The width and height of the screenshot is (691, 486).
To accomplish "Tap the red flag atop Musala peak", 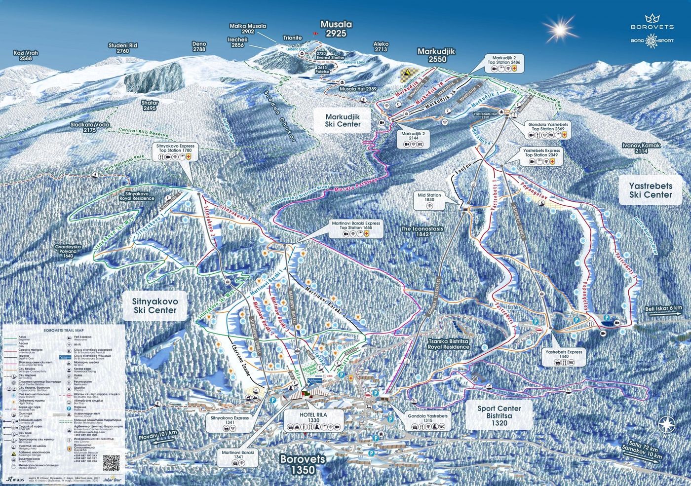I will (312, 34).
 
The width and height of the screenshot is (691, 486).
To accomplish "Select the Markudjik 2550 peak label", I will (438, 55).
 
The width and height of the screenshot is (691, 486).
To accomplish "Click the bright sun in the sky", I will (559, 30).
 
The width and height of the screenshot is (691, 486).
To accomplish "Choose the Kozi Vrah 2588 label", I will (26, 55).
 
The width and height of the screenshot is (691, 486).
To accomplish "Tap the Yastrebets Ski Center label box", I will (650, 190).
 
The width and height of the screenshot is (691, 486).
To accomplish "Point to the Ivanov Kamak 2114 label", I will (641, 148).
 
